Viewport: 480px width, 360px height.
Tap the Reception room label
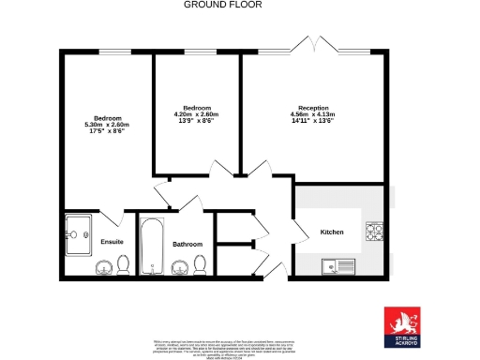coord(314,108)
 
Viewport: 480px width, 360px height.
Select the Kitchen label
coord(332,232)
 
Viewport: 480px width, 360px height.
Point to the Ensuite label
coord(112,242)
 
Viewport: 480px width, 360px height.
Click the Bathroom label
coord(187,245)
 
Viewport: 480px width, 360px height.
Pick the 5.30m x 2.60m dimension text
coord(106,125)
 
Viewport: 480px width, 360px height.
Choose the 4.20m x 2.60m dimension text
coord(197,114)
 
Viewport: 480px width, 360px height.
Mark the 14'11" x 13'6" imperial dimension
coord(314,121)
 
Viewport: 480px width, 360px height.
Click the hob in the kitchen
coord(375,231)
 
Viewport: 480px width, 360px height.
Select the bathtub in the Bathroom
coord(152,247)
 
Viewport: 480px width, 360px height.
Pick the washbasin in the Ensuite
coord(102,269)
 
